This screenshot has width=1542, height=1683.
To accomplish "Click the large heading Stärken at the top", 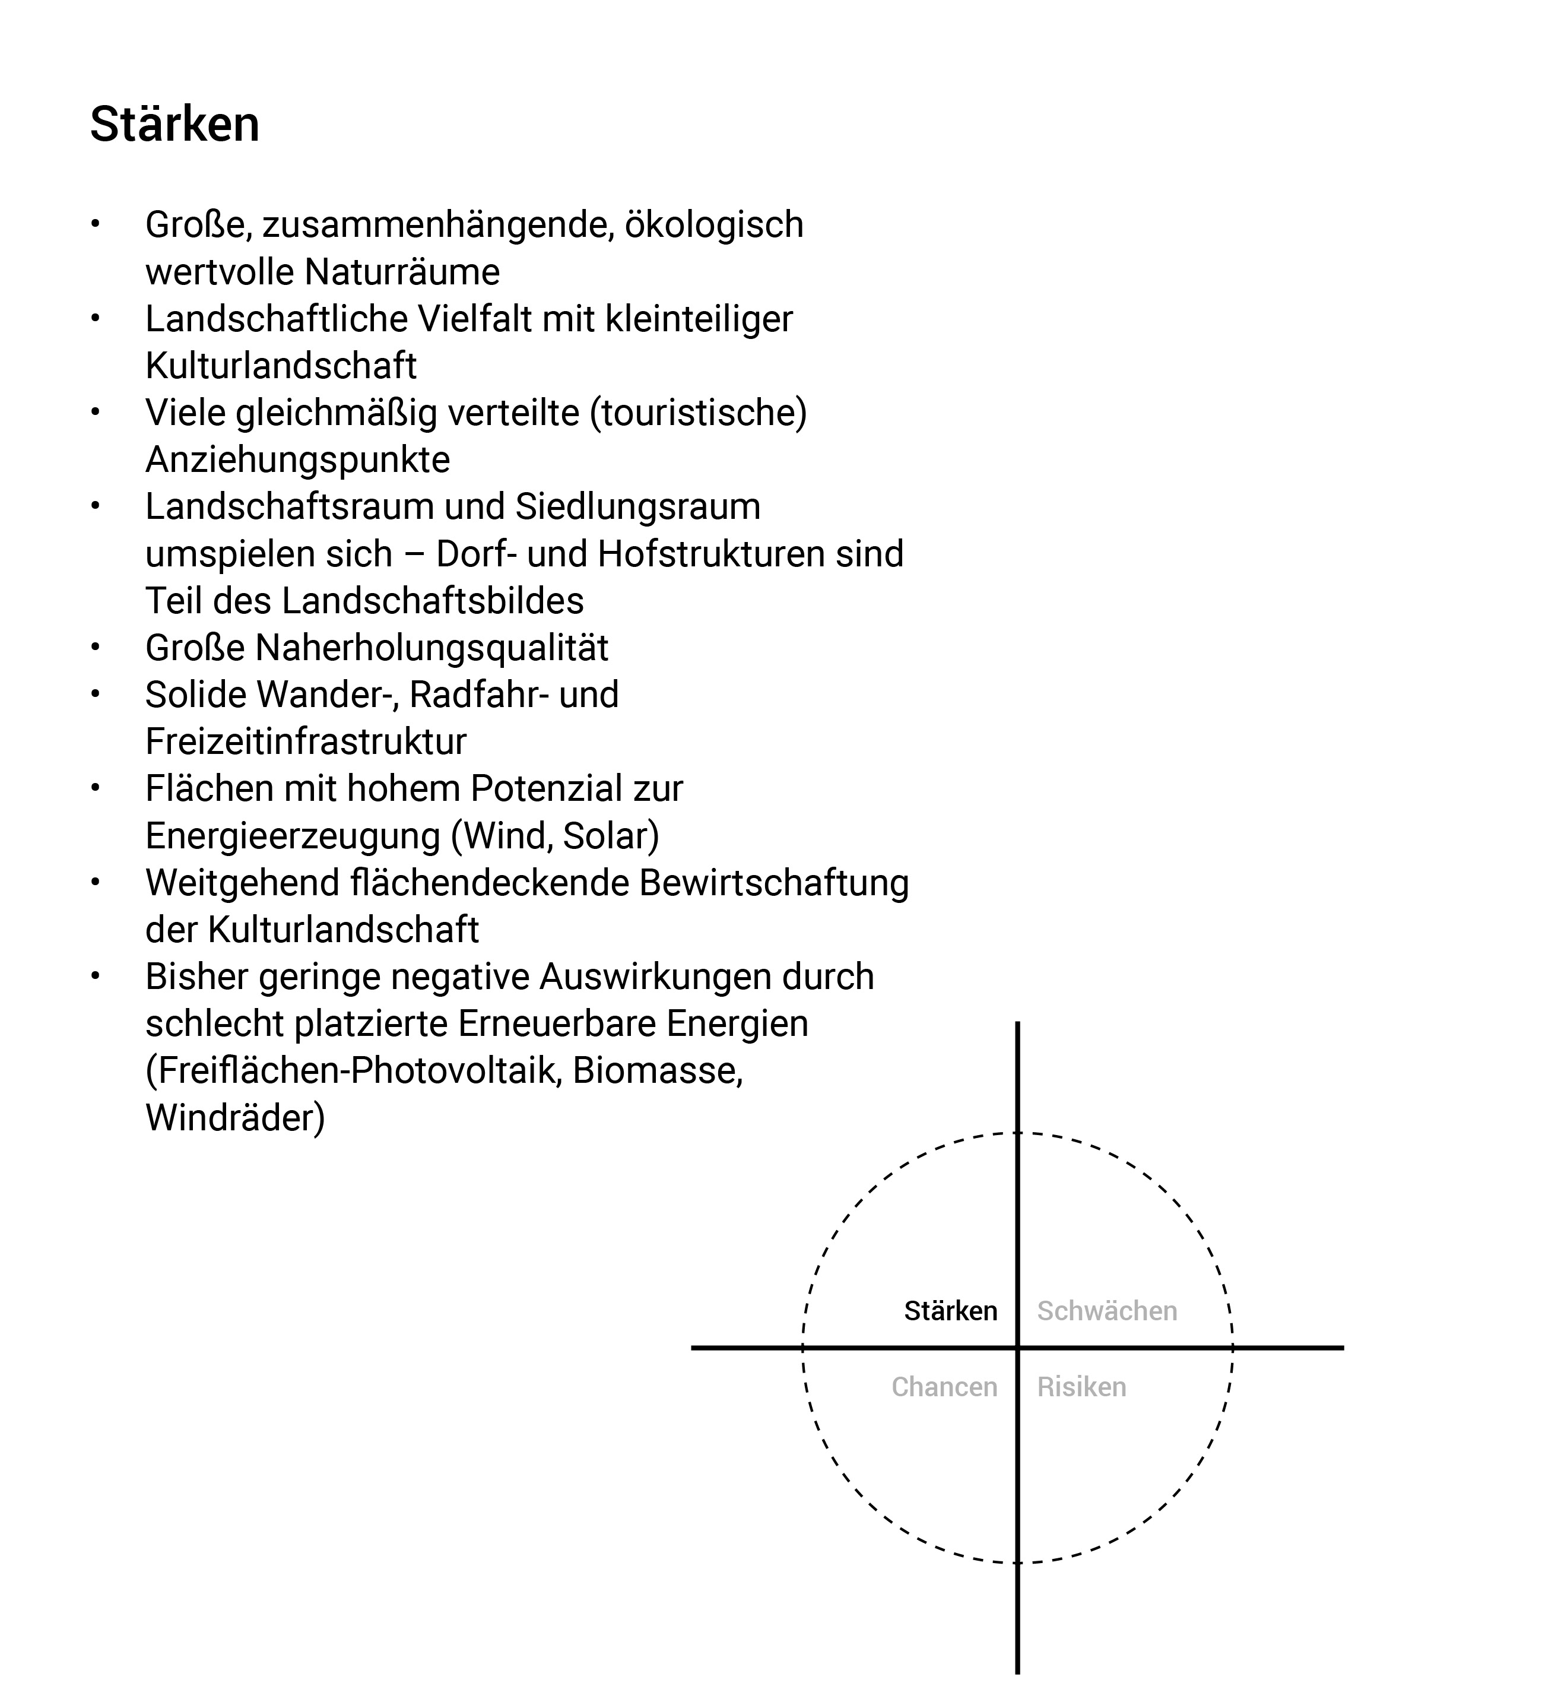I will coord(174,125).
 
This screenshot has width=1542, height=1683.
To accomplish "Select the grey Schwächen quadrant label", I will coord(1106,1311).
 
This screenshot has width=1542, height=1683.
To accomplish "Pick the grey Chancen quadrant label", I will coord(944,1387).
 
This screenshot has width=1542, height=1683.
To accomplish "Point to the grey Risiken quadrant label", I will coord(1081,1387).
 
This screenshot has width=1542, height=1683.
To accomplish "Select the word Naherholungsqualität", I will coord(431,648).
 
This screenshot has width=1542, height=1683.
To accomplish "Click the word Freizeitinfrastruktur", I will coord(306,741).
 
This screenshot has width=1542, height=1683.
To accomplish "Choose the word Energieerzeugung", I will coord(292,836).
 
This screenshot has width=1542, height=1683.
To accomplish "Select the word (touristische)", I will coord(698,413).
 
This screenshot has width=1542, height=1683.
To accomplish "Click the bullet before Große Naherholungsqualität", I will coord(96,647).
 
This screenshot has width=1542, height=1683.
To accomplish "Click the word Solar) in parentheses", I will coord(610,836).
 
